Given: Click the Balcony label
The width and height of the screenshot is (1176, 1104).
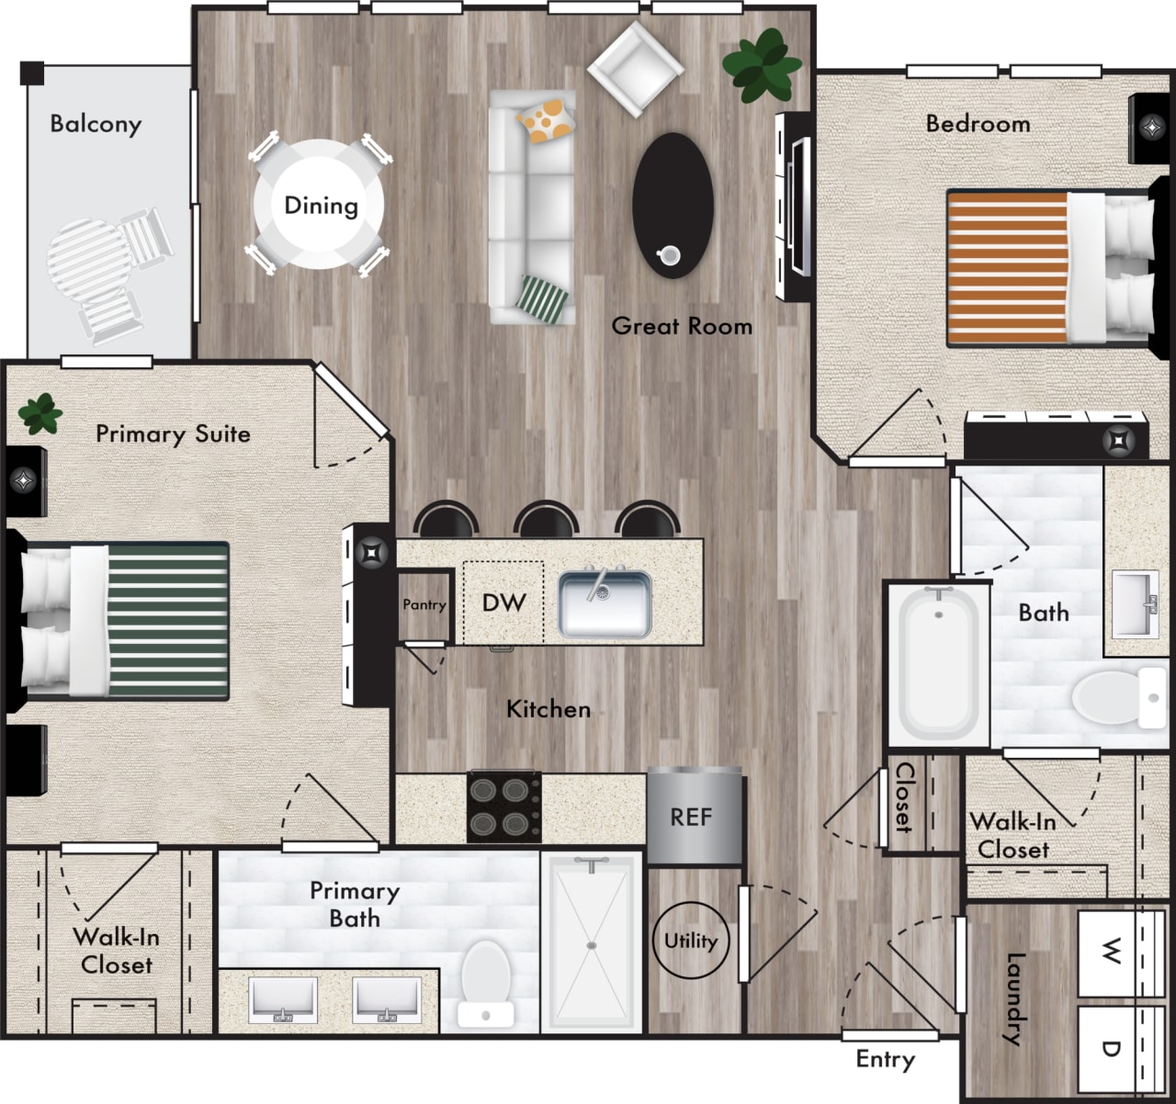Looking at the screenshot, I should pos(96,123).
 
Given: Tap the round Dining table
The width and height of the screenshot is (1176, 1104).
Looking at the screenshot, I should pos(319,205).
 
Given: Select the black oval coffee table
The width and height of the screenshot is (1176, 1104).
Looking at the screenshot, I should pos(673,204).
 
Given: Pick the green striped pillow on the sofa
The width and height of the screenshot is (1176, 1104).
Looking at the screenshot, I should pos(542,298).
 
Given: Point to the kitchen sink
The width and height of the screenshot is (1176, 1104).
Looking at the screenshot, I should pos(605,603).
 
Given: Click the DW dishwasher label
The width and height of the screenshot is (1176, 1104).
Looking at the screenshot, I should pos(503,603).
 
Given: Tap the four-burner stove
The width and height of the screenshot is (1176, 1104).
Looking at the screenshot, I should pos(503,806).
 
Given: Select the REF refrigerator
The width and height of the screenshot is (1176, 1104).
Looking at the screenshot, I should pos(693,817).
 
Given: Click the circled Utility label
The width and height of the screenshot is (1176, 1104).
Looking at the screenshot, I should pos(691,941).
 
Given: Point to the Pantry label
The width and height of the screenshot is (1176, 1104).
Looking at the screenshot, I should pos(424,604).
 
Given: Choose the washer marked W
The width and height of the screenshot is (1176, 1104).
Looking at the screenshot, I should pos(1111,952).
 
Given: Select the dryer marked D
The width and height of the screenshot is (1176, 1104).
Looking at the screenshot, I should pos(1111,1048).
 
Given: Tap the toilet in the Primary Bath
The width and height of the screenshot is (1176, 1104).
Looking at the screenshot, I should pos(485,985).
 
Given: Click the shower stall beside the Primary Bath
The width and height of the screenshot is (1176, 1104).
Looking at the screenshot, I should pos(592,943).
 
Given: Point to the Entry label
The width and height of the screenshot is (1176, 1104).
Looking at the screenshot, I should pos(886,1059).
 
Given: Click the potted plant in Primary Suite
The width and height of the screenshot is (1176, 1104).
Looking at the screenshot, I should pos(40,413).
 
